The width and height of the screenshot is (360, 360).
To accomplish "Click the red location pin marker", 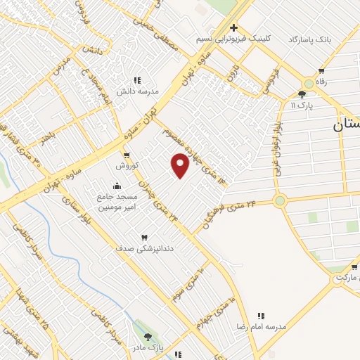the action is pos(181,165).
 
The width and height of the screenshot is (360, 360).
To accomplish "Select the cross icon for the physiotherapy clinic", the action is pos(233,27).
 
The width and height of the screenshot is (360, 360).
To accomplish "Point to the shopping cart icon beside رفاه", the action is pos(321,71).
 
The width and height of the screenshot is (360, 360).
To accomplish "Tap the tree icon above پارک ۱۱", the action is pos(302,94).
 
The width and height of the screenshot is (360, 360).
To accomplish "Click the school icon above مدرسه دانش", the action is pos(137,81).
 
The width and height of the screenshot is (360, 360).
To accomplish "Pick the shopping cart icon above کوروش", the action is pos(127,155).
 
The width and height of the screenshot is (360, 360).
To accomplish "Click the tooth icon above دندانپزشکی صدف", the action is pos(145,238).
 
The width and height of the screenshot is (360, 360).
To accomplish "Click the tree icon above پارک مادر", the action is pos(146,337).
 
